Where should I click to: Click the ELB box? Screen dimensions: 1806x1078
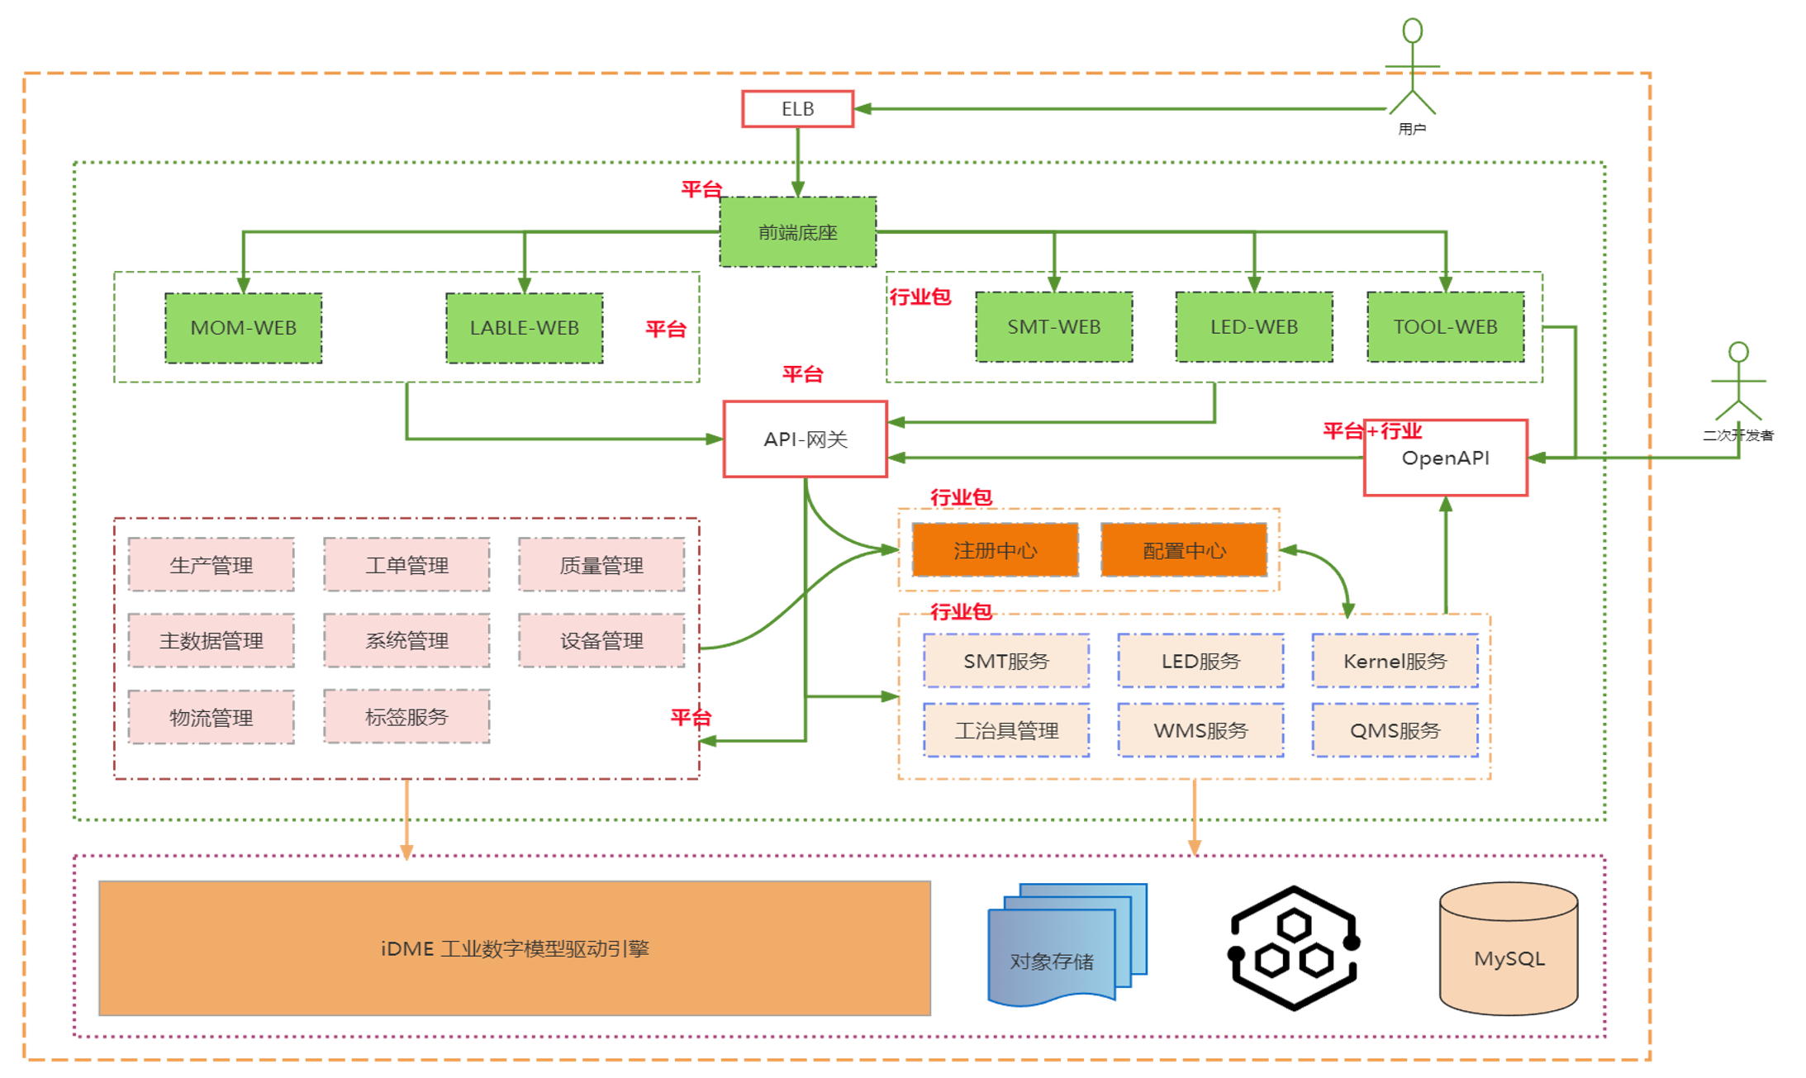pos(797,109)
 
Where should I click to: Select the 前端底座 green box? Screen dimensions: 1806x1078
pos(797,232)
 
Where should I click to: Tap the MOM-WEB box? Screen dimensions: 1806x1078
pos(243,328)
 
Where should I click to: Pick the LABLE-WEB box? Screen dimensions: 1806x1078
pos(524,328)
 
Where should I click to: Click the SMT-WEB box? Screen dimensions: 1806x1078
pos(1053,327)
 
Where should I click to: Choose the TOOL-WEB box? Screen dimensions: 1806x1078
pos(1445,327)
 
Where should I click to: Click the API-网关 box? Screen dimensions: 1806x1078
pos(806,439)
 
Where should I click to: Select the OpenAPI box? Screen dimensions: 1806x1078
pos(1445,458)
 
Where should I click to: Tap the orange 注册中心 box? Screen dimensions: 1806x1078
pos(995,550)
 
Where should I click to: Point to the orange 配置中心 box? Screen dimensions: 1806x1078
pos(1184,550)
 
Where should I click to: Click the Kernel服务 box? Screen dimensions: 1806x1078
pos(1395,661)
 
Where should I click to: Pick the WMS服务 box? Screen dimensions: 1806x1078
pos(1200,730)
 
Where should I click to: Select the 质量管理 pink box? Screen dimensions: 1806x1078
pos(601,565)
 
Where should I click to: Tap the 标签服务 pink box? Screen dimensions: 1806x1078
pos(406,717)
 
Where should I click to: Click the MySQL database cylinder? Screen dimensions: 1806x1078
pos(1509,948)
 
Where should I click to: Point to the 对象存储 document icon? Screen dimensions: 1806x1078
pos(1067,945)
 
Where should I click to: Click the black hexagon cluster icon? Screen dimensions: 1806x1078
pos(1293,948)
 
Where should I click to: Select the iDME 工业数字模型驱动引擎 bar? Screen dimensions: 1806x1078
pos(515,948)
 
